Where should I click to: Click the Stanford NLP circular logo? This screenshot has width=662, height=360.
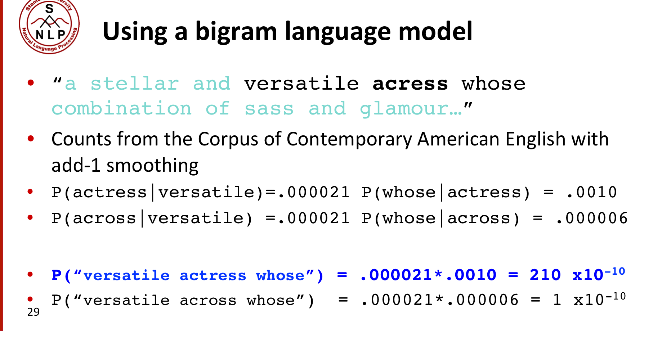coord(49,27)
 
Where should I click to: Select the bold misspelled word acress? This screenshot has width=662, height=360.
coord(410,84)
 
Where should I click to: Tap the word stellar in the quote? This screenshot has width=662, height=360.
coord(135,84)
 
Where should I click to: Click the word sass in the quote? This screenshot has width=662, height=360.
coord(269,109)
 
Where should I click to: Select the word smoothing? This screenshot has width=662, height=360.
coord(152,166)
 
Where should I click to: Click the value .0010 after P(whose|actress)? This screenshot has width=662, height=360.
coord(592,192)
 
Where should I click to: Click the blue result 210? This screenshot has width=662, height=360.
coord(545,275)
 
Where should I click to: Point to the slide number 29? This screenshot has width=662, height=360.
coord(33,312)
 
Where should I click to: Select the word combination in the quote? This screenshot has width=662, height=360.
coord(121,109)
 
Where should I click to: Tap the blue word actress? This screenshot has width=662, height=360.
coord(213,276)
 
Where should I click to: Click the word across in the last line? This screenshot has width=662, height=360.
coord(208,300)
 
